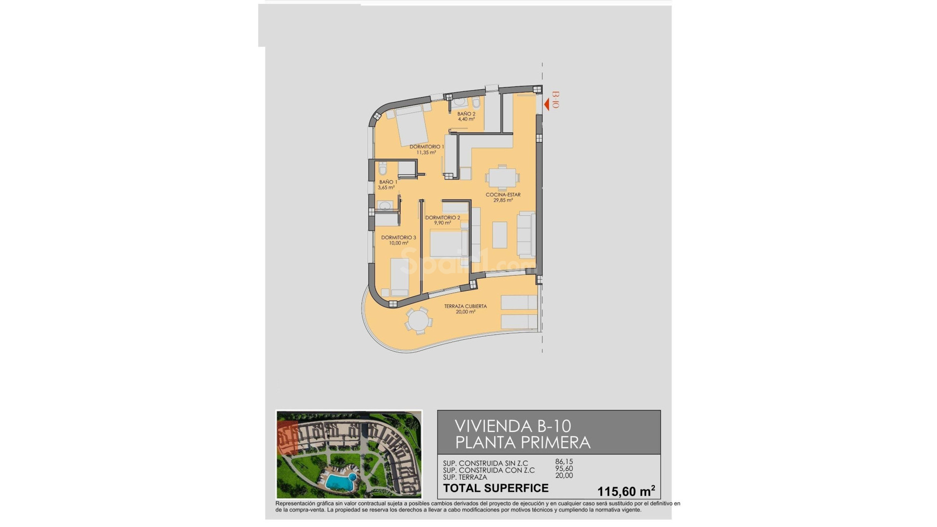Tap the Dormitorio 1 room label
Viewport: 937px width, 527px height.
pyautogui.click(x=427, y=147)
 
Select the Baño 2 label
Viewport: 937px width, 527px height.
pyautogui.click(x=466, y=114)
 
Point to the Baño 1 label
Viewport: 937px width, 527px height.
pyautogui.click(x=388, y=182)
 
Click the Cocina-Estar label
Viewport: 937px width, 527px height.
pyautogui.click(x=503, y=195)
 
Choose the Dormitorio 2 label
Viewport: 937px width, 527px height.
pyautogui.click(x=442, y=218)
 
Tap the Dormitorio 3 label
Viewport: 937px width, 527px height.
pyautogui.click(x=398, y=238)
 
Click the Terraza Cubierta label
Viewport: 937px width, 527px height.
pyautogui.click(x=465, y=306)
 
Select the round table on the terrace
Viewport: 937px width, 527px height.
pyautogui.click(x=418, y=321)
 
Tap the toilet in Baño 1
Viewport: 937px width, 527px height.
pyautogui.click(x=383, y=169)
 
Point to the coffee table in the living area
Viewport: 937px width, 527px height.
pyautogui.click(x=499, y=235)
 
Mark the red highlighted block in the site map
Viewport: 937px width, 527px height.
pyautogui.click(x=287, y=438)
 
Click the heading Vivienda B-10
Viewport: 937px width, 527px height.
pyautogui.click(x=512, y=426)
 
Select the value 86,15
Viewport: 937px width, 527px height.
pyautogui.click(x=564, y=461)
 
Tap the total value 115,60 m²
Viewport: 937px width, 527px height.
pyautogui.click(x=626, y=491)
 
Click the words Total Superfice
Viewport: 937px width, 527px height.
pyautogui.click(x=495, y=488)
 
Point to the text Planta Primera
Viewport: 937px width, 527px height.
pyautogui.click(x=522, y=443)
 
